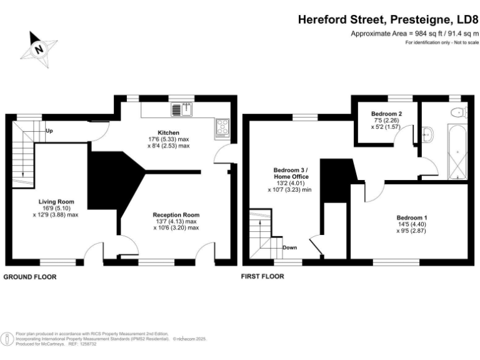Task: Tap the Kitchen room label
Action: click(168, 132)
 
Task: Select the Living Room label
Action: click(56, 201)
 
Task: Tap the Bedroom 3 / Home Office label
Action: click(290, 174)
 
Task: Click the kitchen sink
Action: click(183, 110)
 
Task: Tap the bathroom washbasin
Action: click(428, 133)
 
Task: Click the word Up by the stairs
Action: click(49, 131)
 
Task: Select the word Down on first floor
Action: click(289, 247)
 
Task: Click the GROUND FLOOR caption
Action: click(30, 276)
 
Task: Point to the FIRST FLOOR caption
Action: click(262, 276)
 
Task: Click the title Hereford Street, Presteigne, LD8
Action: click(387, 19)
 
